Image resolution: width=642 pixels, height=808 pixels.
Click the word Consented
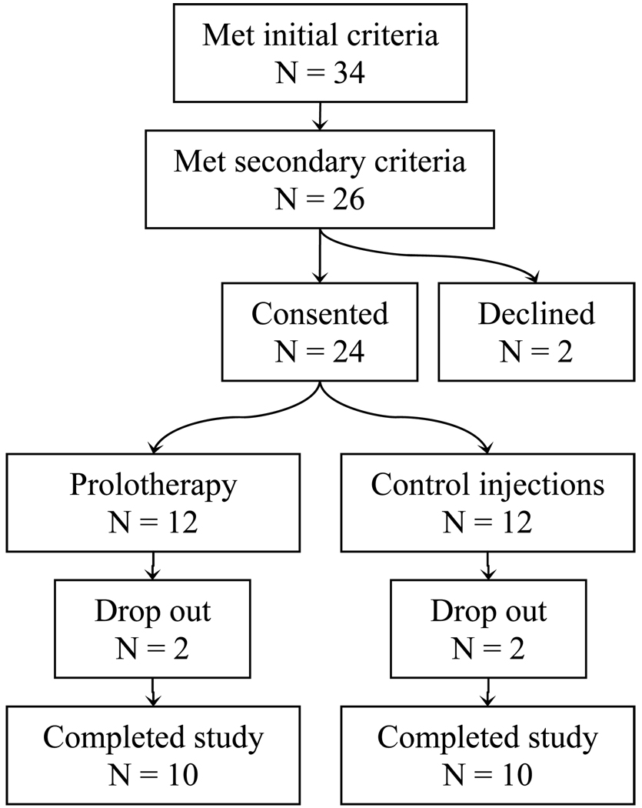pos(319,314)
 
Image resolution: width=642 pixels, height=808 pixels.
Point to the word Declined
pos(536,314)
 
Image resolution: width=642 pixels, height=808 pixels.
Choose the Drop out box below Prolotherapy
pos(154,629)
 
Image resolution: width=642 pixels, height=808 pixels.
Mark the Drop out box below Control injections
pos(488,629)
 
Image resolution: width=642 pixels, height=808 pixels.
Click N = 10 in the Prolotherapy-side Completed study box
pos(154,773)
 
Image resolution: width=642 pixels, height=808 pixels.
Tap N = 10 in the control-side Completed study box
pos(488,773)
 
